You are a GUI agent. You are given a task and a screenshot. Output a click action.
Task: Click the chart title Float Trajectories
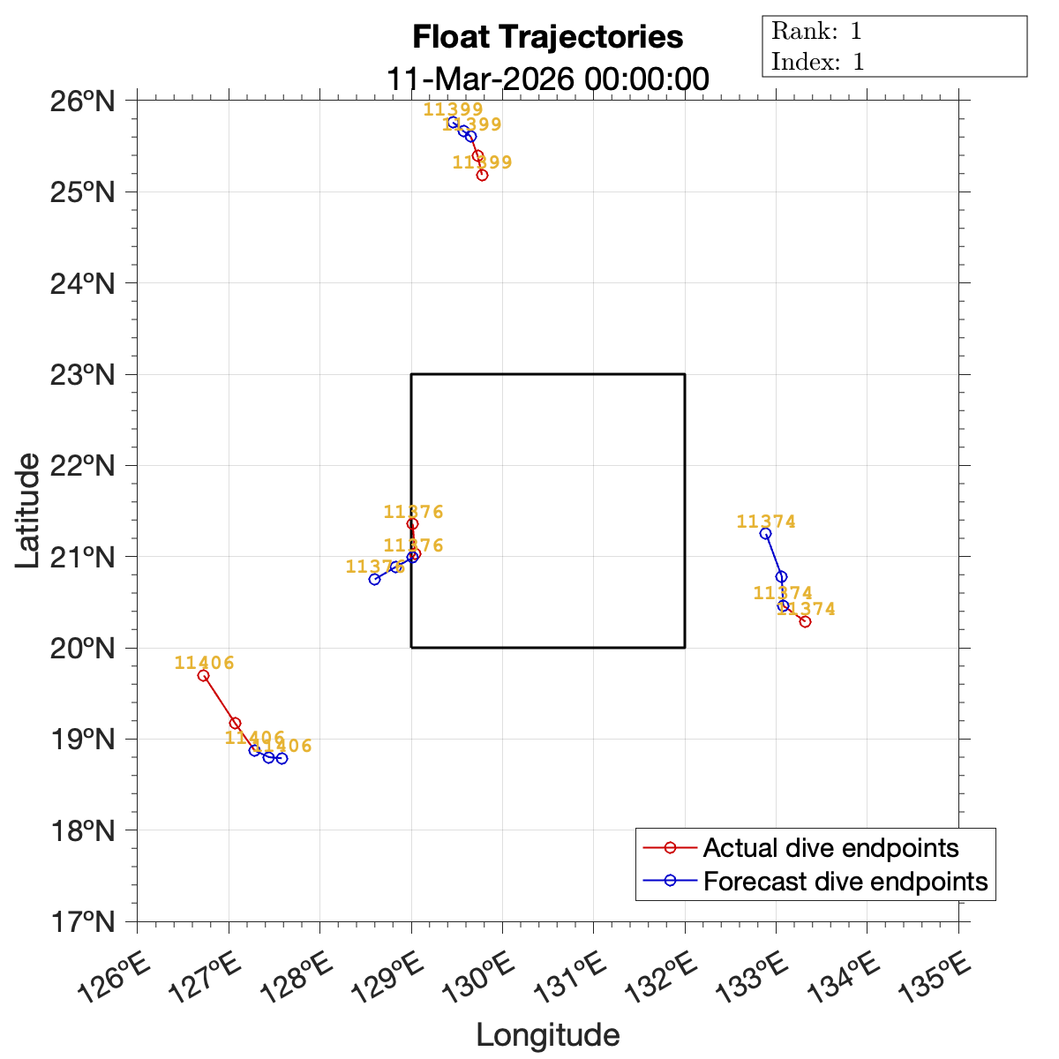(x=547, y=37)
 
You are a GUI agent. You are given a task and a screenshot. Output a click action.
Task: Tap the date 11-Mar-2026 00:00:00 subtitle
(x=547, y=79)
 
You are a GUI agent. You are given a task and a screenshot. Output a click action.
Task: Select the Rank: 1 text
(x=816, y=32)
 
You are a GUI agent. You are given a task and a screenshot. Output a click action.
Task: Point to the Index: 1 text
(x=817, y=62)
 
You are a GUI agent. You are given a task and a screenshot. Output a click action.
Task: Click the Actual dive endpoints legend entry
(x=830, y=848)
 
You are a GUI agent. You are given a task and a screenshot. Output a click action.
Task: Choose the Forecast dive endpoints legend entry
(x=845, y=881)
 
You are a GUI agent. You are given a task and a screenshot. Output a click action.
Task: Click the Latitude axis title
(x=28, y=510)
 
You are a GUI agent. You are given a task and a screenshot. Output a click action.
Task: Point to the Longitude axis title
(x=547, y=1035)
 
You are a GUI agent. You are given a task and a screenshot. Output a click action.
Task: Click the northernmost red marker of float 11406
(x=203, y=675)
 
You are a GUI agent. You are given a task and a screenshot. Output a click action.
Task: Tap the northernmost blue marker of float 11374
(x=765, y=533)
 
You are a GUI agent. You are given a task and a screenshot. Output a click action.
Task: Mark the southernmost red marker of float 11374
(x=805, y=621)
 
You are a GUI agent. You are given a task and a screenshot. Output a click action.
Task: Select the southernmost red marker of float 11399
(x=482, y=175)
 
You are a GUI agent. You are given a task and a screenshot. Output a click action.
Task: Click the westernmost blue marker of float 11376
(x=374, y=579)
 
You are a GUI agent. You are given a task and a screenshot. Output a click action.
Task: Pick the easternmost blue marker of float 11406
(x=282, y=758)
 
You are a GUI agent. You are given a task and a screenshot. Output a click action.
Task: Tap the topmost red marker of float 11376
(x=412, y=523)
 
